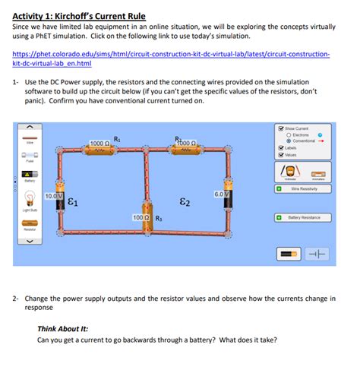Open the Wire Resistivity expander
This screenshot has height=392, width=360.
(x=279, y=188)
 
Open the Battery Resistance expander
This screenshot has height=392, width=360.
(x=279, y=217)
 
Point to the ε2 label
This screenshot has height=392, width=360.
(x=185, y=202)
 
